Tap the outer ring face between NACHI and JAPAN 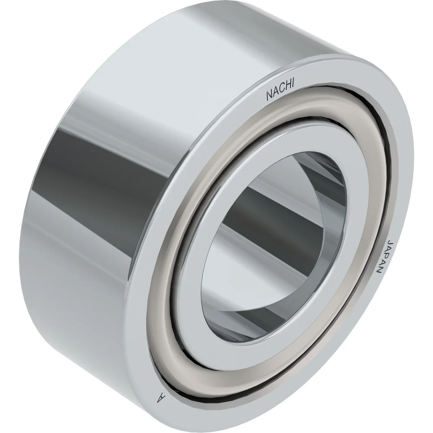click(x=359, y=143)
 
